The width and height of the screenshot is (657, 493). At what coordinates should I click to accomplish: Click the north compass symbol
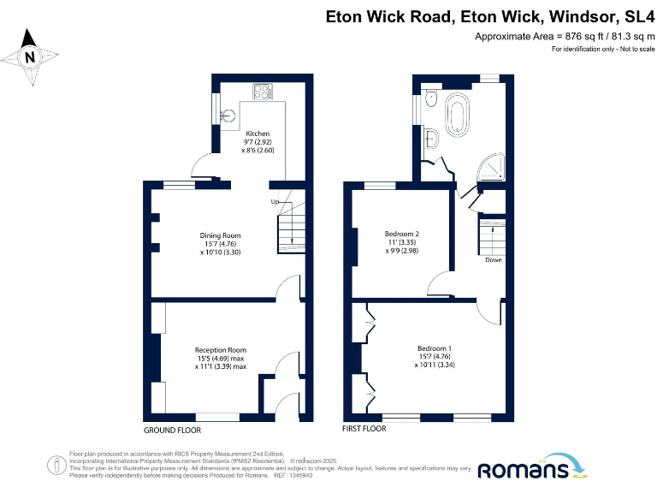(x=32, y=57)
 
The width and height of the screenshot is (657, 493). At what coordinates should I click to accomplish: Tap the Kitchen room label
(x=257, y=134)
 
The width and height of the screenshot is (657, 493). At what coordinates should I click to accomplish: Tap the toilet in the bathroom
(x=430, y=98)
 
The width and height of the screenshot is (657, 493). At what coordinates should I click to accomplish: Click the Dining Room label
(x=220, y=235)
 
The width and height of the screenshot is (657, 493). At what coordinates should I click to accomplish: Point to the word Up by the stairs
(x=275, y=202)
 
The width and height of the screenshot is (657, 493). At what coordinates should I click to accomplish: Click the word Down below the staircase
(x=494, y=260)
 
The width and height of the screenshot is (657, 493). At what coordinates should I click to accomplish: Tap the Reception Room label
(x=220, y=350)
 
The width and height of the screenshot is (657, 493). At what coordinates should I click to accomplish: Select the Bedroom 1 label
(x=435, y=348)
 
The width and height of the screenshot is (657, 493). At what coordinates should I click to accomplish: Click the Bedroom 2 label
(x=401, y=235)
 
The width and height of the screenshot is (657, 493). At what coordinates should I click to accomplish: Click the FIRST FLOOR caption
(x=364, y=429)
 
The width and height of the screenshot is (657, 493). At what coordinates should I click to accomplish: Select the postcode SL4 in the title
(x=639, y=16)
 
